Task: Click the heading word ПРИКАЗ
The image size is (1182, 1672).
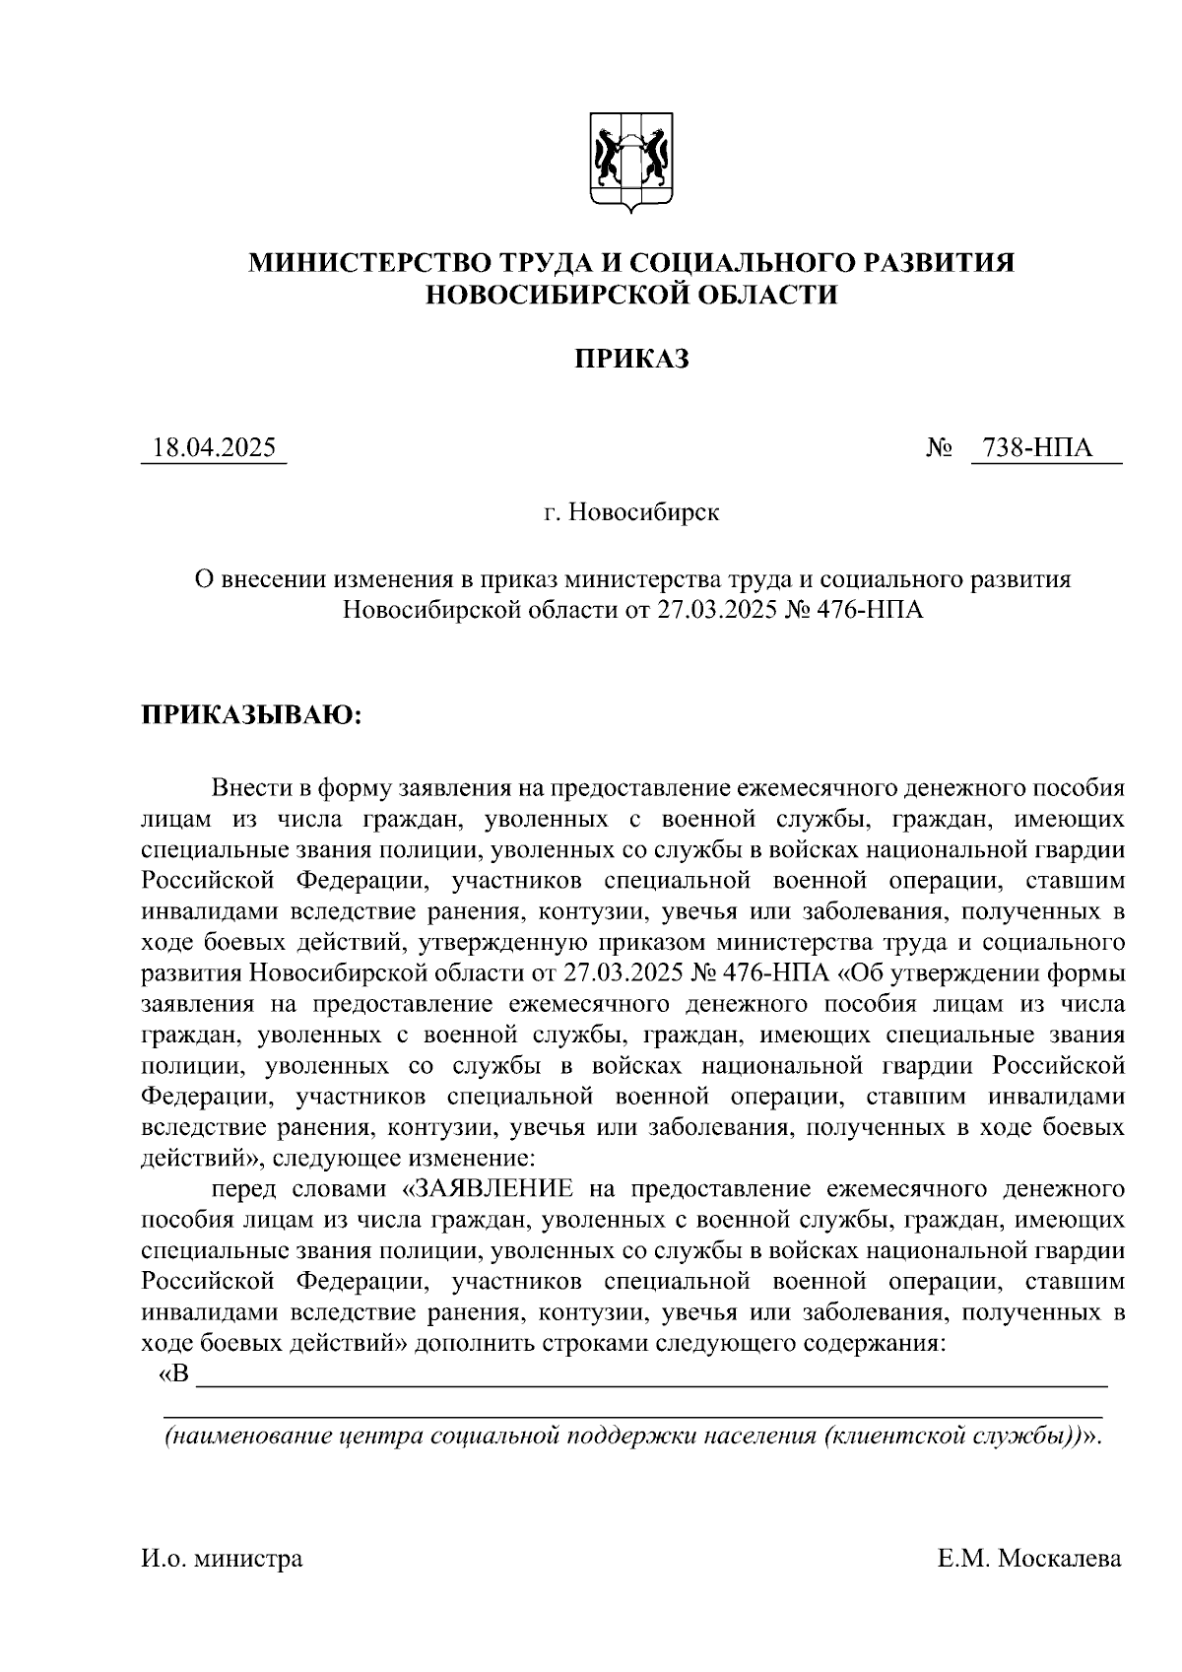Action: click(631, 359)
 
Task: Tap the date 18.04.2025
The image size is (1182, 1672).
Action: click(214, 448)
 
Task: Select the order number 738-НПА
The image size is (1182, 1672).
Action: click(1045, 448)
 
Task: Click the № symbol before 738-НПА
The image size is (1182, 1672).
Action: click(940, 449)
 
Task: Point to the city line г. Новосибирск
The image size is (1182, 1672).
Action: click(631, 513)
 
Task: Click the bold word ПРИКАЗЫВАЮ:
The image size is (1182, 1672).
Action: click(251, 715)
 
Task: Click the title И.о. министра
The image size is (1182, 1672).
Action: click(223, 1559)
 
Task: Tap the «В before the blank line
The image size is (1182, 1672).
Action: click(173, 1374)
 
